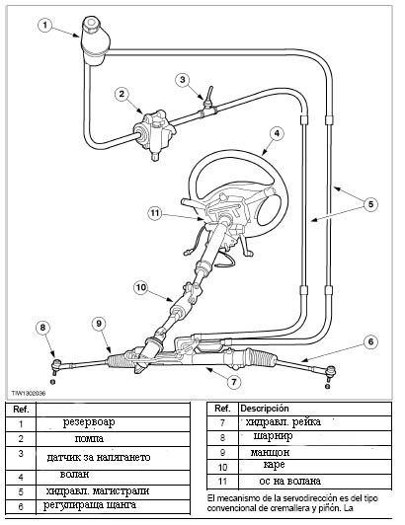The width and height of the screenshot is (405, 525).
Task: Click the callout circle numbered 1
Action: (x=44, y=26)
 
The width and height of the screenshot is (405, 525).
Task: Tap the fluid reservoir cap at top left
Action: (x=92, y=25)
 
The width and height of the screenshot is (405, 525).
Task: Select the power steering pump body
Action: (x=154, y=133)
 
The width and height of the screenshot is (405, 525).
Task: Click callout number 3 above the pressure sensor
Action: (x=183, y=80)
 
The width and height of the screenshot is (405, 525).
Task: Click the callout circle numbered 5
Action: (x=370, y=204)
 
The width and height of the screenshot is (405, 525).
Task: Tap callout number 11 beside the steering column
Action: (x=154, y=213)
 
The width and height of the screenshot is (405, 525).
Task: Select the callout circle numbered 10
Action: (x=141, y=287)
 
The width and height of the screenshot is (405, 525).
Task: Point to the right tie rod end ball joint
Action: (x=331, y=371)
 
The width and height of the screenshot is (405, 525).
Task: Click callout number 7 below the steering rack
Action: (x=234, y=382)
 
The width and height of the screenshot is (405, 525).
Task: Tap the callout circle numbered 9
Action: (x=99, y=324)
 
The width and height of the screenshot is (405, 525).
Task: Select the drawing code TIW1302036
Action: (x=29, y=393)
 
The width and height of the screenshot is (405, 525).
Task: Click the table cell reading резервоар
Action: (x=89, y=422)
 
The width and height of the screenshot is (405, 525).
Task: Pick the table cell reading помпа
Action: (x=89, y=438)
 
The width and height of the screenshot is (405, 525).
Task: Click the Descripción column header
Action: (x=265, y=409)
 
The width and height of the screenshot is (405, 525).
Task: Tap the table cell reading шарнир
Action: (x=273, y=436)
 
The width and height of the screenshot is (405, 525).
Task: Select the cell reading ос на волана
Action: (x=290, y=482)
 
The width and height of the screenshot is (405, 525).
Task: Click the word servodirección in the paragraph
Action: (x=299, y=498)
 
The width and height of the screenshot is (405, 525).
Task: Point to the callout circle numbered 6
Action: (x=370, y=341)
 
